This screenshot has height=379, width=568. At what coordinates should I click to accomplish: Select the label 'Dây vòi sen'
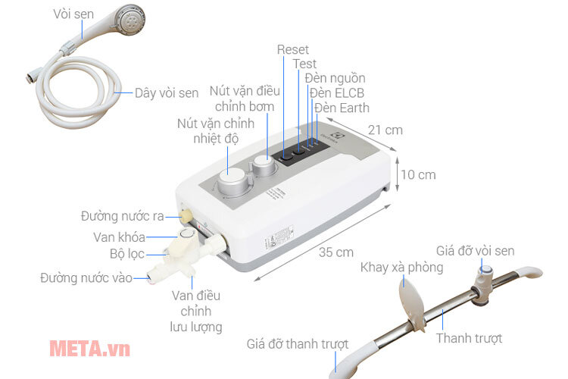click(x=167, y=93)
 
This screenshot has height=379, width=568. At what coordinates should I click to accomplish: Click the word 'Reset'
click(x=293, y=49)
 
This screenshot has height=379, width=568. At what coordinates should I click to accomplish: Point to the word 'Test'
click(x=304, y=64)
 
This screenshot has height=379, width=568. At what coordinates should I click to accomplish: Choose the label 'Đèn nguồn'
click(x=335, y=78)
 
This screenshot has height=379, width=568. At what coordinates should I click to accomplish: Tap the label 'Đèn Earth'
click(x=342, y=108)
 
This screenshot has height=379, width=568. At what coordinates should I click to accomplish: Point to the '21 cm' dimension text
click(x=383, y=130)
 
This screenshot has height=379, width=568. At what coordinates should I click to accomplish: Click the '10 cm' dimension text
click(x=418, y=174)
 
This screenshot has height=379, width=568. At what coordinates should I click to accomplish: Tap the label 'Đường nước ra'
click(x=123, y=216)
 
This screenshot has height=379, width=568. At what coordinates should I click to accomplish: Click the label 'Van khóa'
click(x=125, y=236)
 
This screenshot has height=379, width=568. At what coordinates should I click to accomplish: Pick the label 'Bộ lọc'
click(x=126, y=255)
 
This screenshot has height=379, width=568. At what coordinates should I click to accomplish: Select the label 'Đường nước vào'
click(x=86, y=277)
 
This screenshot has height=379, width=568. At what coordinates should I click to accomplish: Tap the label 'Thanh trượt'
click(x=469, y=338)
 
